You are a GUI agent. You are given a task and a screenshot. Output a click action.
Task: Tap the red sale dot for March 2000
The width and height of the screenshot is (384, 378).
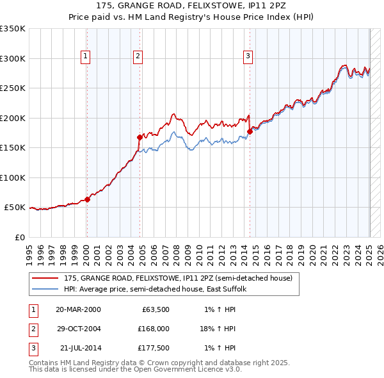[x=88, y=199]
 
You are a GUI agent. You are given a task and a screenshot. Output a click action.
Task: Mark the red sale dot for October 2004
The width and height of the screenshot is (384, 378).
[x=140, y=137]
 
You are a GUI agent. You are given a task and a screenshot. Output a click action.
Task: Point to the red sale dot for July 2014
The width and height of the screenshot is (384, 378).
[x=250, y=131]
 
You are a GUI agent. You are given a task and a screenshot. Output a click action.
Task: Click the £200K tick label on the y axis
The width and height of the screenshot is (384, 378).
[x=12, y=118]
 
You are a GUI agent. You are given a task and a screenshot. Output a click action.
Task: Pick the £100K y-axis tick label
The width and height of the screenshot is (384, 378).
[x=12, y=177]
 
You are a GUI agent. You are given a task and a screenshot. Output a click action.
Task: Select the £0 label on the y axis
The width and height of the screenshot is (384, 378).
[x=19, y=237]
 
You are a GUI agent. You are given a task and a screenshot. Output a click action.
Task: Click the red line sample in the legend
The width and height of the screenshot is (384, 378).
[x=45, y=278]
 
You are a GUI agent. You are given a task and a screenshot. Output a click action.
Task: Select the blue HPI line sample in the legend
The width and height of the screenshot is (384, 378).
[x=45, y=289]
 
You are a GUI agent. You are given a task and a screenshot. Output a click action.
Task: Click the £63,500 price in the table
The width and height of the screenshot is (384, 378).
[x=154, y=309]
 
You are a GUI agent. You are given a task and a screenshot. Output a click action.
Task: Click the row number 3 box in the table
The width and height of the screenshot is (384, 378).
[x=33, y=348]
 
